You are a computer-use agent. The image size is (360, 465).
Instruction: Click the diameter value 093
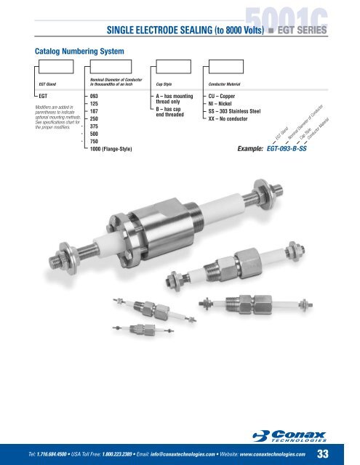click(94, 95)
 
